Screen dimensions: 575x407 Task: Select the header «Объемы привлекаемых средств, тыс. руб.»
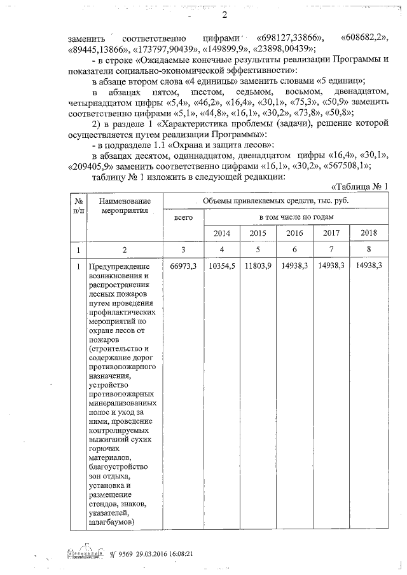(275, 201)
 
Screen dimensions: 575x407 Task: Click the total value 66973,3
(184, 266)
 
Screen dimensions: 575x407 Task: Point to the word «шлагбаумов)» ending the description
(112, 522)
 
